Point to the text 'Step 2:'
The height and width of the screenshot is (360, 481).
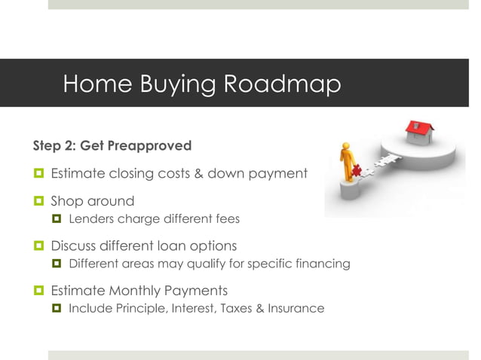(x=53, y=145)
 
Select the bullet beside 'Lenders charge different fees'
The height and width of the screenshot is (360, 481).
(x=56, y=219)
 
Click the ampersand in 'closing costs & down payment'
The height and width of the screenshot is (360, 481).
(x=200, y=174)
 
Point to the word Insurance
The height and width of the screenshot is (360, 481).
(x=298, y=307)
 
